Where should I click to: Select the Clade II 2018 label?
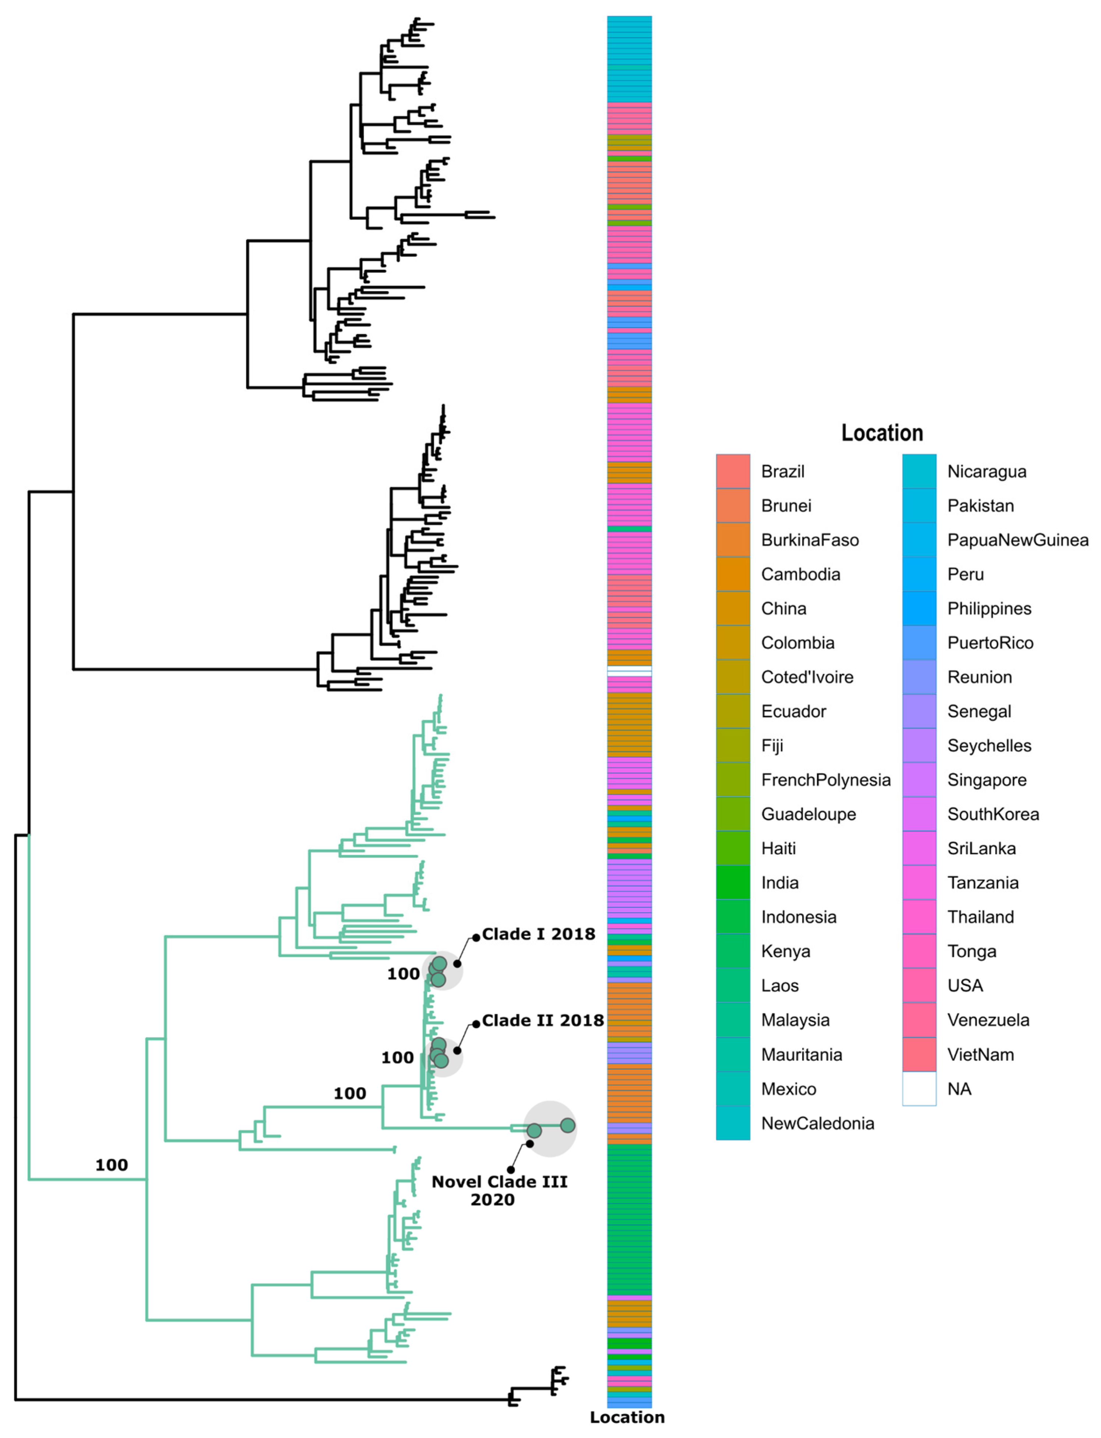click(543, 1020)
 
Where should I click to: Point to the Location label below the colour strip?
click(627, 1417)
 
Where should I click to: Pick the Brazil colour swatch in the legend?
click(733, 471)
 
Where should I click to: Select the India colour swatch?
click(733, 882)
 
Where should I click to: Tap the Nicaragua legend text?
click(986, 472)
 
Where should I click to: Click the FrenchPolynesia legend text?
click(826, 780)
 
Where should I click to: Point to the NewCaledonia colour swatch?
click(733, 1123)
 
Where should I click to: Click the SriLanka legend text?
click(981, 848)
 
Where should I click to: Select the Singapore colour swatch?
click(919, 780)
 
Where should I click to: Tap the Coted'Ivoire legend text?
click(807, 677)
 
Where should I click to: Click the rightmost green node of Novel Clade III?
click(567, 1125)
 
